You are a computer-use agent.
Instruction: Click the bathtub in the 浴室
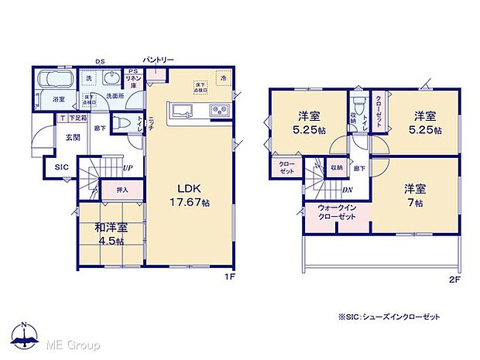53,81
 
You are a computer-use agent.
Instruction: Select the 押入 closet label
122,190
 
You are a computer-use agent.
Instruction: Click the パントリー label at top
159,59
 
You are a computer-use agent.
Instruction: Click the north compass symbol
25,334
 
